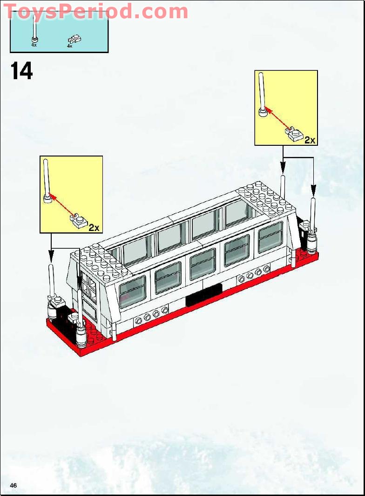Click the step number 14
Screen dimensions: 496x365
click(x=21, y=71)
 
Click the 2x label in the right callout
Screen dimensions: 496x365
click(x=310, y=140)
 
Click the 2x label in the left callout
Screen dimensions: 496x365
click(x=94, y=227)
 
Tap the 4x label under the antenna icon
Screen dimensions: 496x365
click(x=34, y=45)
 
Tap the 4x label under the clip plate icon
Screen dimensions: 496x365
click(x=69, y=46)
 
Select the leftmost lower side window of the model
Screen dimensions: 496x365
click(x=133, y=291)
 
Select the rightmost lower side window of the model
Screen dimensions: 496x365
click(x=270, y=237)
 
